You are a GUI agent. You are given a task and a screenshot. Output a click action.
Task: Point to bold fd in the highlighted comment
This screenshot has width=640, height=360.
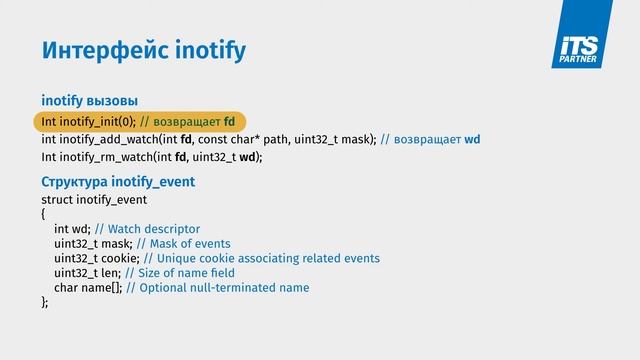(229, 122)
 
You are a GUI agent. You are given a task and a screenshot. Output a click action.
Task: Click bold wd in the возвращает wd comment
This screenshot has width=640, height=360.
(473, 139)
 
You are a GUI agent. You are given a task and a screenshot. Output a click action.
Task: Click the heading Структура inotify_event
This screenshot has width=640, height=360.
(118, 182)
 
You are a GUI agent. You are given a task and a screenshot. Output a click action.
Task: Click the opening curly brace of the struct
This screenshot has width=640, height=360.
(44, 214)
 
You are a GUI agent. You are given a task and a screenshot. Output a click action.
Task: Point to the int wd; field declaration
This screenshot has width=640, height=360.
(73, 229)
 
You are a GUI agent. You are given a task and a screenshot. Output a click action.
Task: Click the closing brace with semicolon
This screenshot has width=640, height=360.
(45, 302)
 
